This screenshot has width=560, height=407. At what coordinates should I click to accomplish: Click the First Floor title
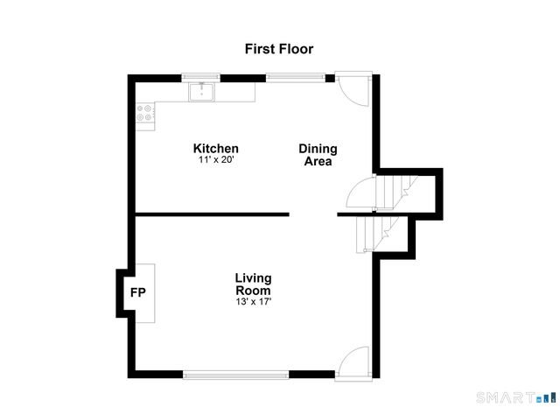[278, 49]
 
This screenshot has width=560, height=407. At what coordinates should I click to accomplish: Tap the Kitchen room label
[215, 149]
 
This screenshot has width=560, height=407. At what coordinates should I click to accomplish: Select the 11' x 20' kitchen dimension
[215, 160]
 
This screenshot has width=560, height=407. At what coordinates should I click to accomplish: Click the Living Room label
[253, 284]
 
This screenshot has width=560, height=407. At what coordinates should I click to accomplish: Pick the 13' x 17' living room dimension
[253, 302]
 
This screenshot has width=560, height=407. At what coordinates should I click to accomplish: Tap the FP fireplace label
[138, 292]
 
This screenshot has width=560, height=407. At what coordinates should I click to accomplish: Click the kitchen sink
[204, 90]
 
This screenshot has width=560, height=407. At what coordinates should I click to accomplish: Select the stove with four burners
[145, 114]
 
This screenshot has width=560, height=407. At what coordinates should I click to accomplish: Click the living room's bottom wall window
[235, 375]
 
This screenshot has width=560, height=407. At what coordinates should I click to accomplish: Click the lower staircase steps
[372, 234]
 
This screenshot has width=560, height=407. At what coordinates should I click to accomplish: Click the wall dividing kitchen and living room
[213, 214]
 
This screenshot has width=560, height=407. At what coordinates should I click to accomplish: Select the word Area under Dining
[318, 161]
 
